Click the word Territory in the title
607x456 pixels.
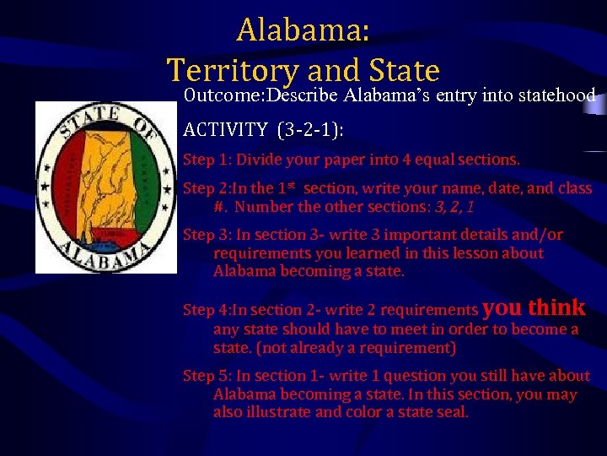click(x=231, y=69)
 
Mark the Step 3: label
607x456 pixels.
click(x=207, y=235)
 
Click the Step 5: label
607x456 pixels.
click(x=207, y=376)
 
